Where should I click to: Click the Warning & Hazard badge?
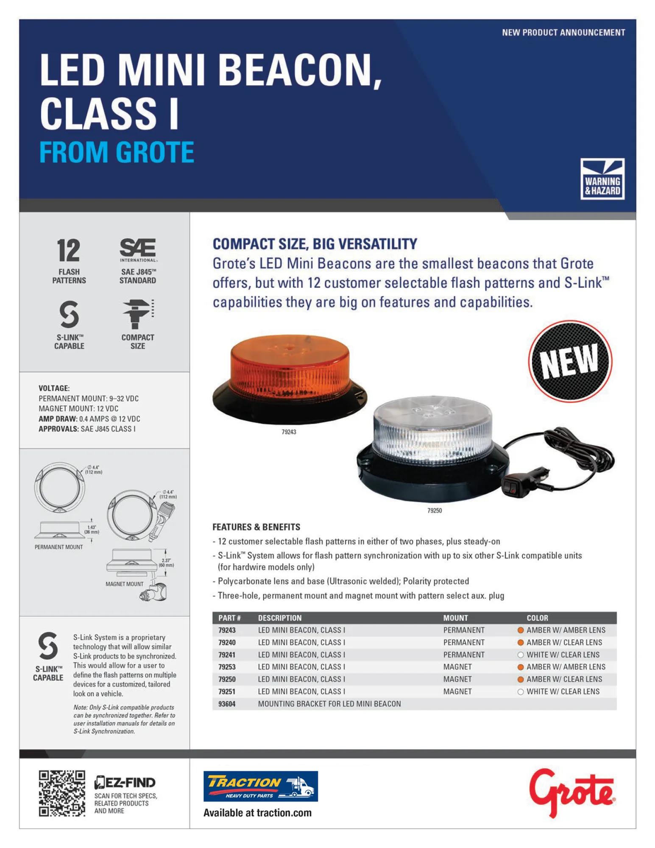click(602, 179)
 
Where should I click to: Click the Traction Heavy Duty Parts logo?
click(261, 786)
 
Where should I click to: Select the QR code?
click(62, 793)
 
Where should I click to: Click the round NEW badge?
click(570, 361)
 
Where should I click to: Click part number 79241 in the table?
click(227, 655)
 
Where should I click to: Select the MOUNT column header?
click(455, 618)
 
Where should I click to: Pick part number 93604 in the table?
click(227, 704)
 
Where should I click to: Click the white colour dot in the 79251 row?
click(521, 692)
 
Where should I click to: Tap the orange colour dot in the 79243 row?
click(521, 630)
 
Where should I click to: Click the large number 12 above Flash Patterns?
click(68, 251)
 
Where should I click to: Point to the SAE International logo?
click(138, 250)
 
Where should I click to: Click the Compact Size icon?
click(138, 314)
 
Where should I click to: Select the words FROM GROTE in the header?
click(117, 153)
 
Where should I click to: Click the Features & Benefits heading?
click(256, 527)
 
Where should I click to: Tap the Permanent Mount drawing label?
click(59, 547)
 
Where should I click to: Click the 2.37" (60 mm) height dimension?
click(166, 563)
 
